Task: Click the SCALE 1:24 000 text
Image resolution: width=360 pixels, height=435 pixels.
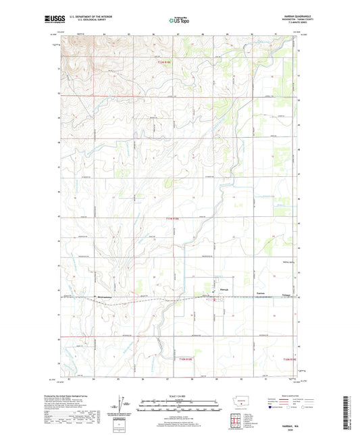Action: point(179,396)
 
